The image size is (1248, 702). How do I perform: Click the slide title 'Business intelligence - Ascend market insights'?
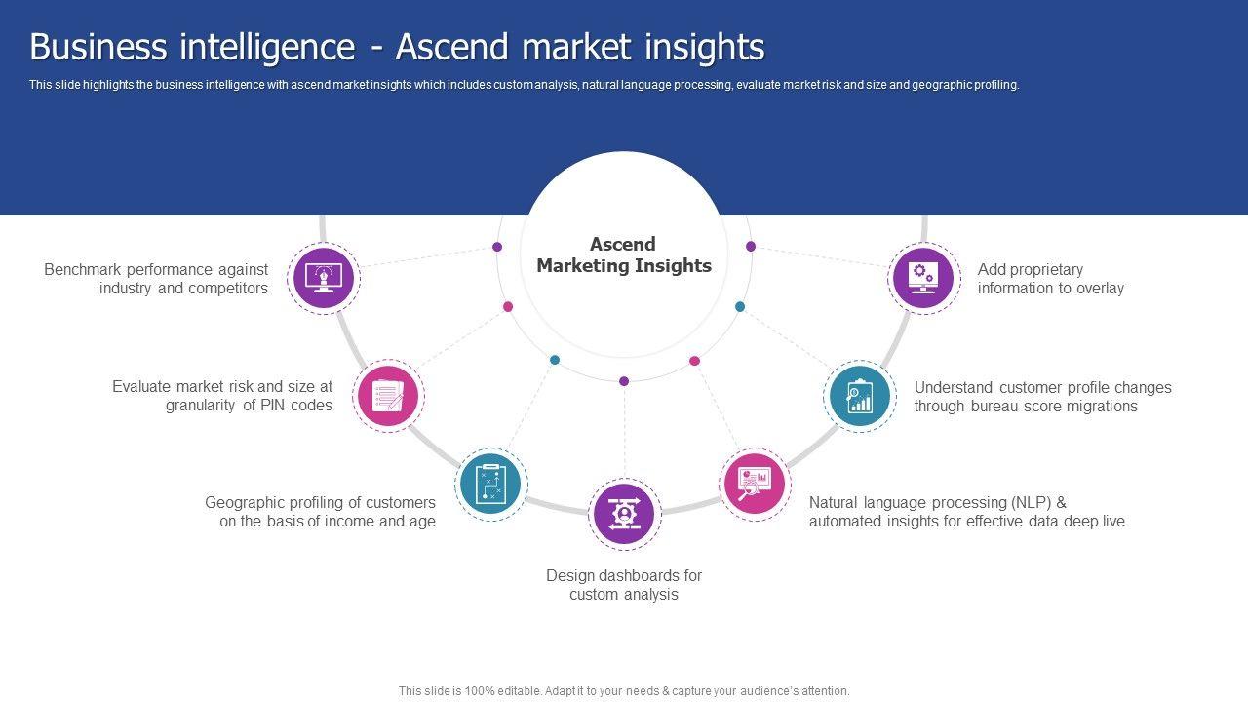pyautogui.click(x=397, y=47)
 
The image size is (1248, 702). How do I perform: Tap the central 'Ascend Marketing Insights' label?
pyautogui.click(x=624, y=254)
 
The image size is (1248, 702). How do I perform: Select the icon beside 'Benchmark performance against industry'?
pyautogui.click(x=325, y=278)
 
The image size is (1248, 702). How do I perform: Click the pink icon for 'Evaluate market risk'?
pyautogui.click(x=388, y=396)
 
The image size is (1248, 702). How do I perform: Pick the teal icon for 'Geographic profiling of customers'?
pyautogui.click(x=491, y=484)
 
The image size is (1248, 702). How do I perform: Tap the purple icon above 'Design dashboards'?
pyautogui.click(x=625, y=513)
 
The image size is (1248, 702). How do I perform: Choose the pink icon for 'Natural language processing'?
pyautogui.click(x=756, y=484)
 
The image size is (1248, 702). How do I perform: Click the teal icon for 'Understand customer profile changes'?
pyautogui.click(x=860, y=397)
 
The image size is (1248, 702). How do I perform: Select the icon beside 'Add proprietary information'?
pyautogui.click(x=922, y=278)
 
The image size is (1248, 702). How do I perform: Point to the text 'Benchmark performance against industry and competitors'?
pyautogui.click(x=156, y=279)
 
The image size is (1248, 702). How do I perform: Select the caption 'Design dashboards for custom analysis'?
pyautogui.click(x=624, y=585)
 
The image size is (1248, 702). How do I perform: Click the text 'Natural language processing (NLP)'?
pyautogui.click(x=937, y=503)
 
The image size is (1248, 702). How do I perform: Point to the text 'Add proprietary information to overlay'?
pyautogui.click(x=1050, y=279)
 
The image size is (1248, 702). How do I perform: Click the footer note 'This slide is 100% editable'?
pyautogui.click(x=624, y=691)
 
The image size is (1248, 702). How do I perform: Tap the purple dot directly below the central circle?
pyautogui.click(x=624, y=381)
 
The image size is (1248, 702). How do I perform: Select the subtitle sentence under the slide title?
pyautogui.click(x=524, y=85)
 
